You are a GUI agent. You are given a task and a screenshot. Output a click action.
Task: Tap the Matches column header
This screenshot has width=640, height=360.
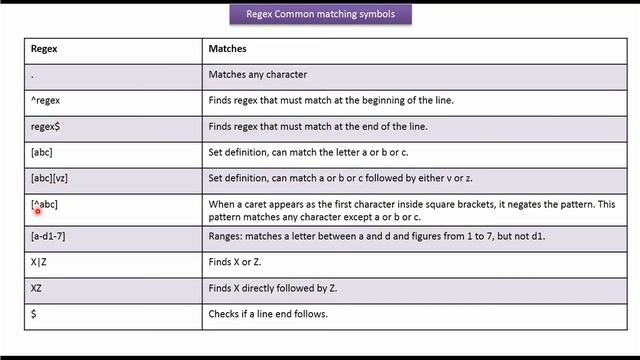pyautogui.click(x=227, y=48)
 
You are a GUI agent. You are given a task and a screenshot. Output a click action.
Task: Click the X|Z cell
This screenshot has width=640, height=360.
pyautogui.click(x=40, y=262)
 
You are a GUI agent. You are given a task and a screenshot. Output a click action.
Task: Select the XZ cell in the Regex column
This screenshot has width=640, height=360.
pyautogui.click(x=37, y=288)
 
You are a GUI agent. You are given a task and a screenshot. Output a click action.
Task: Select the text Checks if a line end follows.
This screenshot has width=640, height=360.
pyautogui.click(x=267, y=314)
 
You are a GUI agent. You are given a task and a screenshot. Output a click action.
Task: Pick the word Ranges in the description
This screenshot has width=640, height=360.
pyautogui.click(x=225, y=236)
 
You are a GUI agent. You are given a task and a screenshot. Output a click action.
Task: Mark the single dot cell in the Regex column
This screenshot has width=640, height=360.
pyautogui.click(x=33, y=75)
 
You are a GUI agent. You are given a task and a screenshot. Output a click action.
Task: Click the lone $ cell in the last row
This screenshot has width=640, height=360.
pyautogui.click(x=34, y=314)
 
